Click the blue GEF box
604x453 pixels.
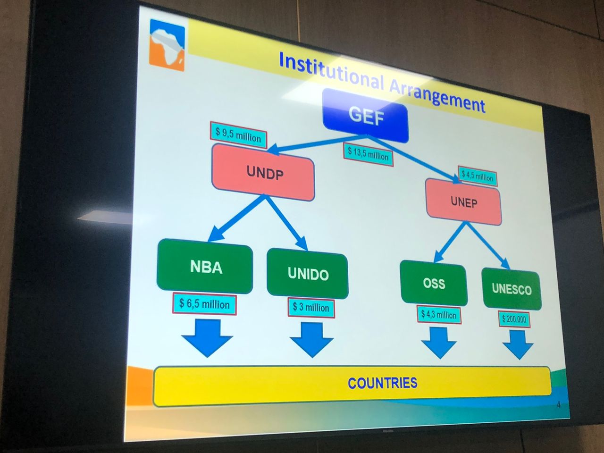click(x=365, y=116)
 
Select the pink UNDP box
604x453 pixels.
click(x=263, y=172)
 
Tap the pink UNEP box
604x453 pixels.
click(x=463, y=202)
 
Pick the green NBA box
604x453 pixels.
click(x=205, y=266)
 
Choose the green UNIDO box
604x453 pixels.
click(x=308, y=273)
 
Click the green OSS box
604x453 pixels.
click(x=434, y=283)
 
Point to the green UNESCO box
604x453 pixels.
click(x=512, y=289)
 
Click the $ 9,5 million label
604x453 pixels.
click(x=238, y=135)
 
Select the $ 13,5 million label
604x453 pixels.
click(x=368, y=154)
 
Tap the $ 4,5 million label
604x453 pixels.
click(x=478, y=176)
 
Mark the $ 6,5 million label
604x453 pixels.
click(x=204, y=304)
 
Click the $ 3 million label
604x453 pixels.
click(x=311, y=308)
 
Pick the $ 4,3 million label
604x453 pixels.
click(x=439, y=315)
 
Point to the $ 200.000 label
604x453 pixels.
click(x=514, y=319)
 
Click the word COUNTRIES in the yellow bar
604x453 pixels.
click(x=383, y=383)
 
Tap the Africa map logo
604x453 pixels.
click(x=167, y=45)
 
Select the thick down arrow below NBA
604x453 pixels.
click(x=207, y=338)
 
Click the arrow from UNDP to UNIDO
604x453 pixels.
click(x=286, y=223)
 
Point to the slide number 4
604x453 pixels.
click(x=558, y=405)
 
